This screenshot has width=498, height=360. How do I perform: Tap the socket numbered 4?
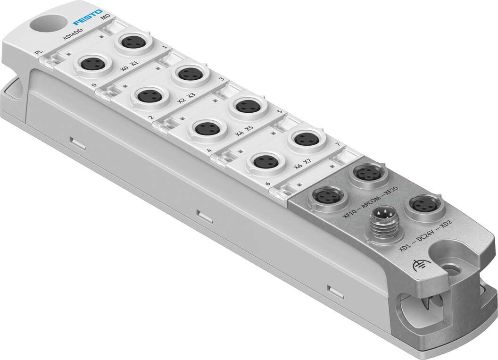coord(207,128)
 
